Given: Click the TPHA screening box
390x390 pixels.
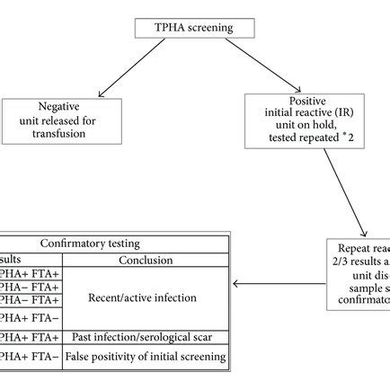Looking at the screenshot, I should tap(195, 29).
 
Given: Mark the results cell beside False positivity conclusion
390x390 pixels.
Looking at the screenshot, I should tap(30, 357).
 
